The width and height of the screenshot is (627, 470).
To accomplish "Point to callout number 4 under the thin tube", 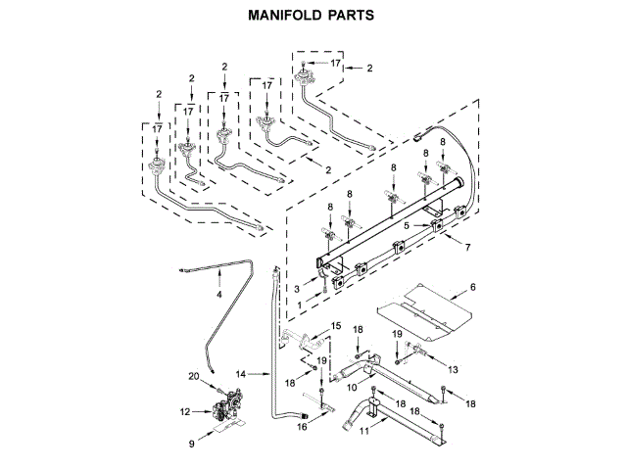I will click(x=219, y=294).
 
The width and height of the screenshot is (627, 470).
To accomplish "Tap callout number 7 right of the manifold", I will click(x=468, y=247).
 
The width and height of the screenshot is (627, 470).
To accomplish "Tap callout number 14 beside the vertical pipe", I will click(x=242, y=373).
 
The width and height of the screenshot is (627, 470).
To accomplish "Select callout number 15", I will click(x=336, y=325).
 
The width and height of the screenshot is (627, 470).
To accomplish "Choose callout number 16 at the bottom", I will click(x=302, y=427).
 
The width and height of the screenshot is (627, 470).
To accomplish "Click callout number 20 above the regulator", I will click(x=194, y=376).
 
